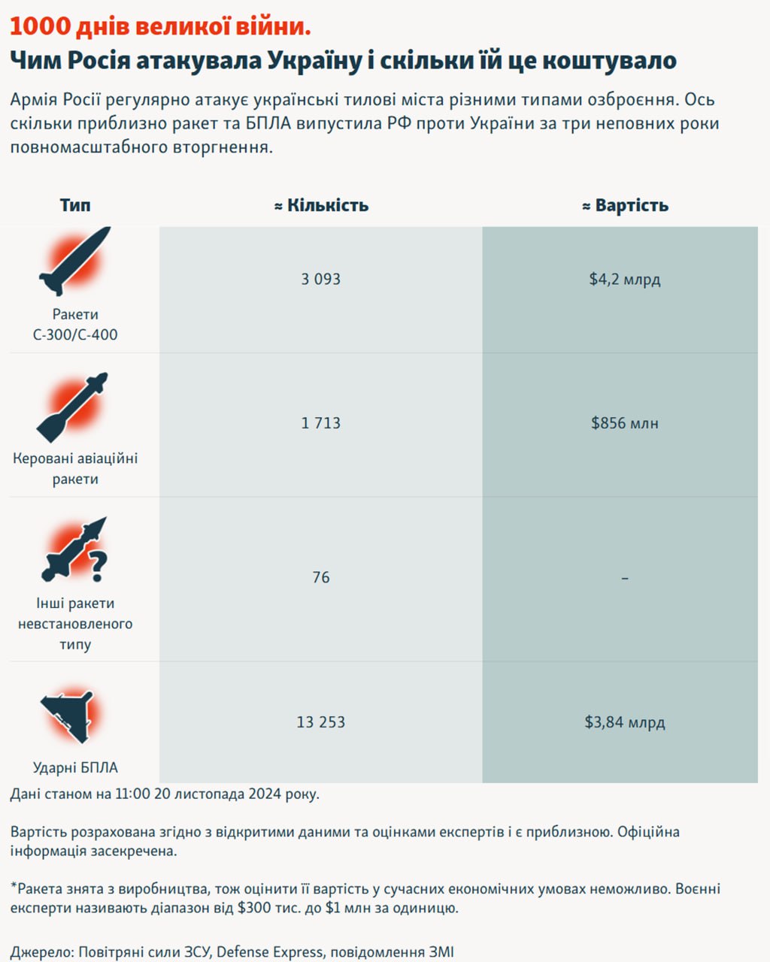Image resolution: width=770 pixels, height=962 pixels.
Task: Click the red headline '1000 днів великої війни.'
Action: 160,27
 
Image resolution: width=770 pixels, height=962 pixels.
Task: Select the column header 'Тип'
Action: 75,205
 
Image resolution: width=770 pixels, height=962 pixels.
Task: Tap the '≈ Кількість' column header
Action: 321,205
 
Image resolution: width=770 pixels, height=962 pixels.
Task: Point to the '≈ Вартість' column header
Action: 625,205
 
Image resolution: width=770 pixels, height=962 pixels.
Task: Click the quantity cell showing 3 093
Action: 321,279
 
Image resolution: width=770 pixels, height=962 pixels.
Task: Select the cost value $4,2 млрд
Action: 625,279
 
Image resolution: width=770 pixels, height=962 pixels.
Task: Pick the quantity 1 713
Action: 321,423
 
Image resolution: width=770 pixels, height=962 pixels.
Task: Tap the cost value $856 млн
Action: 625,423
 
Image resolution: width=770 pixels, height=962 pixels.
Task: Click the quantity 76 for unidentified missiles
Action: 321,577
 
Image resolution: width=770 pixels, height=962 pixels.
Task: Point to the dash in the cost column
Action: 625,578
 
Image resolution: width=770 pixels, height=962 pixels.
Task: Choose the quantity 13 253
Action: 321,722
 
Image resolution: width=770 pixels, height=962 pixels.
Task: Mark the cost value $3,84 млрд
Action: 625,722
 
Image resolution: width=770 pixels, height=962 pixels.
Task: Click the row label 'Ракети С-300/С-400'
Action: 75,325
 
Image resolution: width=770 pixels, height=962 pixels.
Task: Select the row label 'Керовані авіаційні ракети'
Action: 75,468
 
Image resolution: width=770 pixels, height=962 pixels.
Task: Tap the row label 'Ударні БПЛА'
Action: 75,767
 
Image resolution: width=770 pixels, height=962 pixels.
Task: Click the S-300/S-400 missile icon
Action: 74,260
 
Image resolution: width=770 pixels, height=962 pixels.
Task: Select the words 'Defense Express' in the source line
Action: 269,951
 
